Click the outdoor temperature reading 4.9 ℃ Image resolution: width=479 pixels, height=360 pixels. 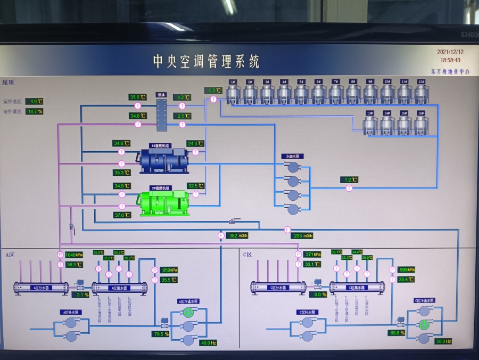click(x=34, y=101)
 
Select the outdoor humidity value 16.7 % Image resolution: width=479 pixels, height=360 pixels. click(x=34, y=111)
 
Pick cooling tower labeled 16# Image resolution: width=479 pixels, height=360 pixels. click(x=420, y=124)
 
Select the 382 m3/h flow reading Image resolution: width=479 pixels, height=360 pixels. click(x=239, y=235)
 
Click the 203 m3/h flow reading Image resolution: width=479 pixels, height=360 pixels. click(x=304, y=235)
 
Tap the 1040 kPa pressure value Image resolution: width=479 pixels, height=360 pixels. click(x=74, y=255)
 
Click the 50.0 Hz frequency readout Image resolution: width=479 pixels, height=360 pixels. click(x=443, y=341)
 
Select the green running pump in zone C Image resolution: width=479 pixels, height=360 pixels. click(x=424, y=324)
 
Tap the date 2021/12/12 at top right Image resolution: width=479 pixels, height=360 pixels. click(x=450, y=52)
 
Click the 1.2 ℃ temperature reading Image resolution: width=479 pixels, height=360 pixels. click(x=349, y=180)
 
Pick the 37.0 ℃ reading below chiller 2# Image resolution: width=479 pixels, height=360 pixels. click(x=122, y=215)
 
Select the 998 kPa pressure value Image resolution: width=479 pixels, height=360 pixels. click(x=407, y=269)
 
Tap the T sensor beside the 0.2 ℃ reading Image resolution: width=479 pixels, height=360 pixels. click(x=213, y=99)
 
